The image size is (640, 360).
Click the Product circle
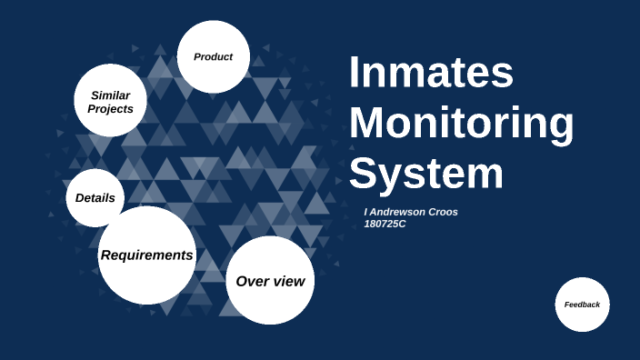(x=213, y=56)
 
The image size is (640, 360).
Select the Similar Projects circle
(x=110, y=101)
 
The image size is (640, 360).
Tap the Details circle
(x=95, y=197)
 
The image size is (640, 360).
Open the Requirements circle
(x=146, y=255)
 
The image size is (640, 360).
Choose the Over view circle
(x=270, y=281)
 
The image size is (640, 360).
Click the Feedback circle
(x=582, y=305)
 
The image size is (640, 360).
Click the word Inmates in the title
(x=431, y=74)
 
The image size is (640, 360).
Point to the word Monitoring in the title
(x=461, y=124)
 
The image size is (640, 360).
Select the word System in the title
(x=425, y=173)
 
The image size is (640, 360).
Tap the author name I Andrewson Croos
(x=411, y=212)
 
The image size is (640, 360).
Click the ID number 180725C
(x=385, y=224)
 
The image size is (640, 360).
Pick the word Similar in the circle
(x=110, y=95)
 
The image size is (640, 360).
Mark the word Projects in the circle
(x=110, y=109)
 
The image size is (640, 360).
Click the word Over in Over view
(x=252, y=281)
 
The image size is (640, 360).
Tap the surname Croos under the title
(x=443, y=212)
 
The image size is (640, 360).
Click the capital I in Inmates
(x=355, y=74)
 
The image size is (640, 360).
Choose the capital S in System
(x=365, y=173)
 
